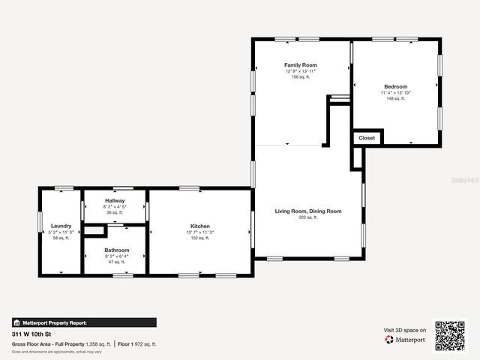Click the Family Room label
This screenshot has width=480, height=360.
(x=300, y=65)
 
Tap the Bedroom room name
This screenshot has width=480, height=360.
(x=395, y=87)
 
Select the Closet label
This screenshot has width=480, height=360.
(x=367, y=138)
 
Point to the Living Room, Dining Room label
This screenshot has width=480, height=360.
(x=308, y=211)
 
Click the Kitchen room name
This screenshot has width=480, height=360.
(x=199, y=226)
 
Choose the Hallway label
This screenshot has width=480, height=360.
(x=115, y=200)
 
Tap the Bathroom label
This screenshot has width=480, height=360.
(x=116, y=250)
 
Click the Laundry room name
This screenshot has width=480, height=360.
(x=61, y=226)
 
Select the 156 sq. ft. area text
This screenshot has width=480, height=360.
(x=300, y=76)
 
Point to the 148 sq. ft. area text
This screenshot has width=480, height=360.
(x=395, y=98)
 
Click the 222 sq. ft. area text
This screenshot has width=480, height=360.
(x=308, y=217)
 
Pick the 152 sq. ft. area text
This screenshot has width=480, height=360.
(x=199, y=238)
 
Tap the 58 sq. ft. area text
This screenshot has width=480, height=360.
(x=61, y=238)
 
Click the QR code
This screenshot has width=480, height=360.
(x=450, y=336)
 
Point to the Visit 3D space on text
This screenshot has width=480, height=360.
(x=405, y=330)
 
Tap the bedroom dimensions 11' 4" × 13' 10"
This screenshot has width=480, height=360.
(x=395, y=93)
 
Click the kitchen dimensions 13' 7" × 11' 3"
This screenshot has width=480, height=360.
(x=199, y=232)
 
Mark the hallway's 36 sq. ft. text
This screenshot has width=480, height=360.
(x=115, y=212)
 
